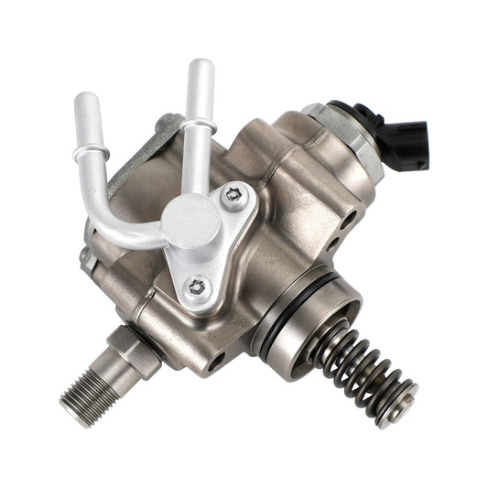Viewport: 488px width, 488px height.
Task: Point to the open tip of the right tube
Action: click(201, 68)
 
